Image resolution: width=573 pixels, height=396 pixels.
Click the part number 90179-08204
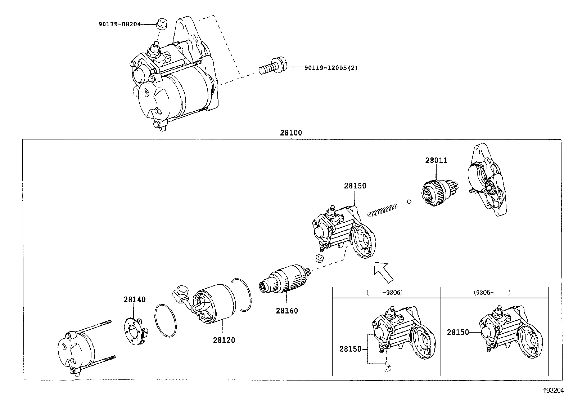tap(119, 24)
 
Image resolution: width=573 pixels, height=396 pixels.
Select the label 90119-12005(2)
tap(331, 68)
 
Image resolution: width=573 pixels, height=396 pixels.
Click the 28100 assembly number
tap(291, 133)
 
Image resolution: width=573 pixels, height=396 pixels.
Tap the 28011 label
tap(436, 161)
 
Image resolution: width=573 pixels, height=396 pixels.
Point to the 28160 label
tap(287, 311)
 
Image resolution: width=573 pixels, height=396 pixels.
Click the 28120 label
tap(224, 340)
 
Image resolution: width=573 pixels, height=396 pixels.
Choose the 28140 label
tap(135, 299)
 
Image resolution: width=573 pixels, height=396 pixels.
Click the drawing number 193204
tap(554, 390)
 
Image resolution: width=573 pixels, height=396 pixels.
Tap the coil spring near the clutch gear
tap(383, 210)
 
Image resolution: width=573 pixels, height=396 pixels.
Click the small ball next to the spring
tap(409, 201)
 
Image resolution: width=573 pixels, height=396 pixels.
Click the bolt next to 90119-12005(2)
tap(273, 67)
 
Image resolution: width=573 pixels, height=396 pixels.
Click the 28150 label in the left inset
tap(350, 349)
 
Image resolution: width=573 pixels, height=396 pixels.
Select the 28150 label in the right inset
tap(458, 332)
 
